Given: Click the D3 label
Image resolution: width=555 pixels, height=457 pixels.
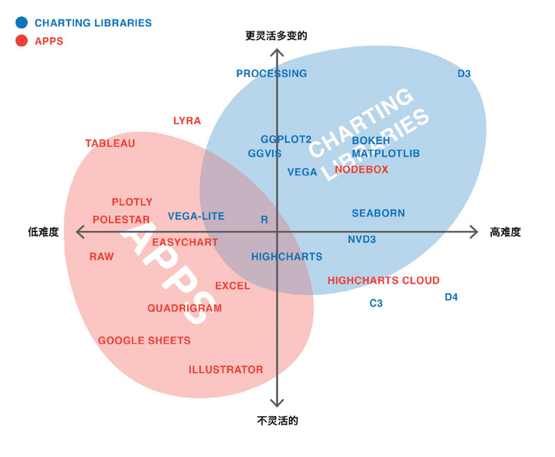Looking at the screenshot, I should click(464, 74).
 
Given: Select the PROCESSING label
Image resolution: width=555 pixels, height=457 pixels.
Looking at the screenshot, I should click(271, 74).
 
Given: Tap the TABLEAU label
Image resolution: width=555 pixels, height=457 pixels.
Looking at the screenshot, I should click(110, 143).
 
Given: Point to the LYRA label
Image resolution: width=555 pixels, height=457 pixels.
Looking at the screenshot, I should click(187, 121).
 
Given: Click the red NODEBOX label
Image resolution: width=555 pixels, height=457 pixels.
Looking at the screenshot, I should click(362, 170).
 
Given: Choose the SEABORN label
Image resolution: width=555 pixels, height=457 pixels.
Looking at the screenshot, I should click(378, 213).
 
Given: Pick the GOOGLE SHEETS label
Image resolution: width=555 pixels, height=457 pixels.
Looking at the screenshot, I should click(144, 341).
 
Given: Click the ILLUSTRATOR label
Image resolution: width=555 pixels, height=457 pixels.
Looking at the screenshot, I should click(226, 370).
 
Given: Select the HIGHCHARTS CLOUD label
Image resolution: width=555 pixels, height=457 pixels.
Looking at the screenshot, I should click(384, 281).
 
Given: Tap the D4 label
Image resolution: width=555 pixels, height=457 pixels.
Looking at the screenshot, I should click(452, 297).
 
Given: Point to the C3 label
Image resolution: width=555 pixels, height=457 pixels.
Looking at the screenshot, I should click(376, 304).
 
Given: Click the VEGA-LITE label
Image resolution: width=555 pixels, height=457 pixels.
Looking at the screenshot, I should click(197, 217).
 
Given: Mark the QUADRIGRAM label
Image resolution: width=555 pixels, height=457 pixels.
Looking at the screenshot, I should click(185, 308).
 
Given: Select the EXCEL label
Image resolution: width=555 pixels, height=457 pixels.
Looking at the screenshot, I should click(233, 286).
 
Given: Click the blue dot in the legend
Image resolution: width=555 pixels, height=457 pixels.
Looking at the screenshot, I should click(22, 23).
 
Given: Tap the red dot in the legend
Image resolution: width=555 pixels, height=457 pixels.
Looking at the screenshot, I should click(22, 41).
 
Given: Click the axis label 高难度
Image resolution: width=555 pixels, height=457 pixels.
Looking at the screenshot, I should click(506, 232).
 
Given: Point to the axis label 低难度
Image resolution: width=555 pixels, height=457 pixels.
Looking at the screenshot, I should click(44, 232).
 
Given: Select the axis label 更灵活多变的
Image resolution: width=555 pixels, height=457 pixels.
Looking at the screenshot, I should click(277, 35).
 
